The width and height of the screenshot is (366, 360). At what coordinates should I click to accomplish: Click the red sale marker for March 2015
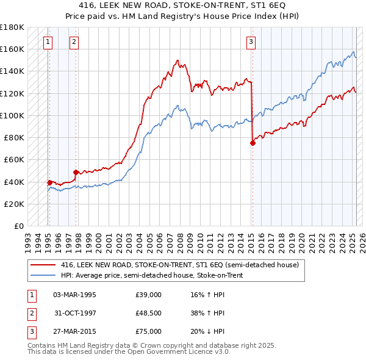click(x=253, y=143)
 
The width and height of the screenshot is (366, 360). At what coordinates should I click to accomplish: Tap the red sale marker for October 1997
click(x=76, y=172)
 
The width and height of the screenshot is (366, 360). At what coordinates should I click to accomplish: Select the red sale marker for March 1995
click(x=49, y=182)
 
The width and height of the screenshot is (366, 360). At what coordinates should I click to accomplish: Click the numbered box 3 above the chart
click(x=251, y=42)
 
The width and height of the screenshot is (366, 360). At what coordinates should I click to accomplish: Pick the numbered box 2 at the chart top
click(x=74, y=42)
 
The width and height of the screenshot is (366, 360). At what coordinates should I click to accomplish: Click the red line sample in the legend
click(x=42, y=265)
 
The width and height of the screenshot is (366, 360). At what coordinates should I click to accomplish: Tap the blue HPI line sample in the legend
click(x=42, y=275)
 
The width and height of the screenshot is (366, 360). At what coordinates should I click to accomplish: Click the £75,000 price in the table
click(x=149, y=331)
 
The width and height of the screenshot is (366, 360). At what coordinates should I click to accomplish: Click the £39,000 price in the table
click(x=149, y=295)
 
